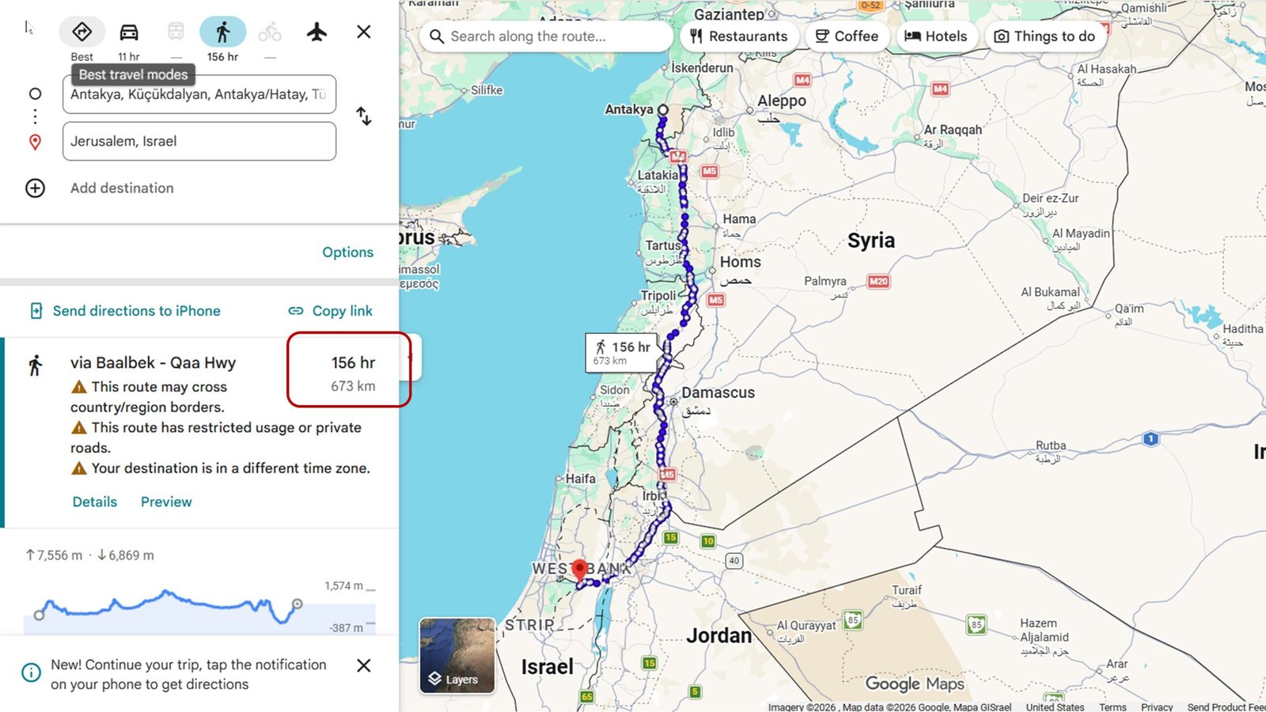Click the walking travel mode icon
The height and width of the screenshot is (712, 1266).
tap(223, 32)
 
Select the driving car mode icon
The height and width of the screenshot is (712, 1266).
tap(129, 32)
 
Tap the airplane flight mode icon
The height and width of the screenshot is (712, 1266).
tap(316, 32)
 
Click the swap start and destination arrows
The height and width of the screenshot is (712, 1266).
tap(363, 116)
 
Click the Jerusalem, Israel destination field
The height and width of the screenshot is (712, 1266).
tap(199, 142)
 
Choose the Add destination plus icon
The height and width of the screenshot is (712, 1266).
tap(36, 188)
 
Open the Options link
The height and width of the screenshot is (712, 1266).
tap(347, 252)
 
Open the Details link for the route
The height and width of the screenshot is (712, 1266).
tap(95, 502)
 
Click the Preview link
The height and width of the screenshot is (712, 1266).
tap(166, 502)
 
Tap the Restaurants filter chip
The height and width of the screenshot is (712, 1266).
tap(738, 36)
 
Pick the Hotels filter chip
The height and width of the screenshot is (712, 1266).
tap(935, 36)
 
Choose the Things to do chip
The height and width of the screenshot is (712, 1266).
tap(1044, 36)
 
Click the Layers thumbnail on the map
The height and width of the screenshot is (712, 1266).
tap(457, 656)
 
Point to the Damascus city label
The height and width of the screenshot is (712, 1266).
tap(718, 392)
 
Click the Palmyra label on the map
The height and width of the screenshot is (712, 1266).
tap(824, 281)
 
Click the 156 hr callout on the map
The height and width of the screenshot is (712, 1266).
tap(621, 352)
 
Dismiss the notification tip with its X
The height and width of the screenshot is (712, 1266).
tap(364, 665)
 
